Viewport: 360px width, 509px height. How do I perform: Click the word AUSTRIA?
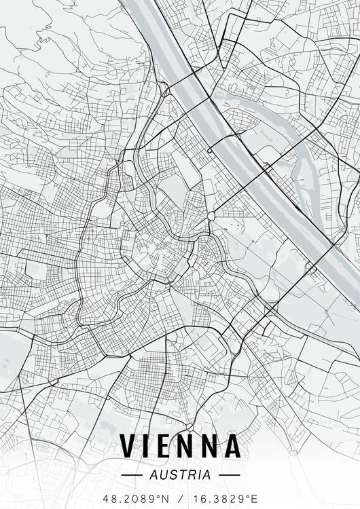(180, 475)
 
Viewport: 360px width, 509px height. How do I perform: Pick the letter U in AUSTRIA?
(165, 475)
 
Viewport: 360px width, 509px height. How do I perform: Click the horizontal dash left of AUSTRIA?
(130, 475)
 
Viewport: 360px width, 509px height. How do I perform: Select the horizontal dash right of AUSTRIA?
(230, 475)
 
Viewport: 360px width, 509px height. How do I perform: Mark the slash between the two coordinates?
(179, 498)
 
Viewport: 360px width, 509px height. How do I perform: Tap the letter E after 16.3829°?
(253, 498)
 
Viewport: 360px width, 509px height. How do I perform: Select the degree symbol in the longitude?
(247, 495)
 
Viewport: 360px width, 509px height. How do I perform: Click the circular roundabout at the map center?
(211, 216)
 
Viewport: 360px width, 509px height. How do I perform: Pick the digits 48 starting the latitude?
(109, 498)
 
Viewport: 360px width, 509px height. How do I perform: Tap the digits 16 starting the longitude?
(195, 498)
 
